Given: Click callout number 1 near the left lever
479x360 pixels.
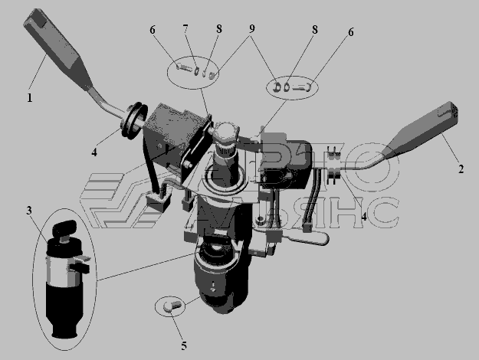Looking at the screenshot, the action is [x=30, y=98].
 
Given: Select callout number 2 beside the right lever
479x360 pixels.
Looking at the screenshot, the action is [x=461, y=169].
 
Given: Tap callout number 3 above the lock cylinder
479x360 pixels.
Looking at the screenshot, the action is [x=29, y=211].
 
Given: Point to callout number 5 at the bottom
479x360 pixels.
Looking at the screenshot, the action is [x=184, y=346].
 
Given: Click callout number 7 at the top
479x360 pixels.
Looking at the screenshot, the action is [x=185, y=28].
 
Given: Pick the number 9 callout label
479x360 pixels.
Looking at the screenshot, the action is [x=251, y=28].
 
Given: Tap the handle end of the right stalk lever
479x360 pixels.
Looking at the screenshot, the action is [x=448, y=112].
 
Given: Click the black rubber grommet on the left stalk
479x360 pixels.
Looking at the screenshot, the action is [x=133, y=120].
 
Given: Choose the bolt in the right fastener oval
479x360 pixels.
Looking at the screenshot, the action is [x=302, y=87].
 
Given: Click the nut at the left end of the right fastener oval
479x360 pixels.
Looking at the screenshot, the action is [x=277, y=87].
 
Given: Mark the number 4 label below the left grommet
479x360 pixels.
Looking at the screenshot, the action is [x=94, y=152].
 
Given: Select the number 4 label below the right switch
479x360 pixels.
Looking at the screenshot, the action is [x=364, y=217].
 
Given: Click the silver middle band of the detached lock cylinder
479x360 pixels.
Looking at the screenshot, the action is [x=62, y=270].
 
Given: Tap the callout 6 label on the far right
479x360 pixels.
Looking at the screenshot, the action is [x=351, y=32].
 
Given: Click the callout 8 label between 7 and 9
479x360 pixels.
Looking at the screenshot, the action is [x=218, y=28].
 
